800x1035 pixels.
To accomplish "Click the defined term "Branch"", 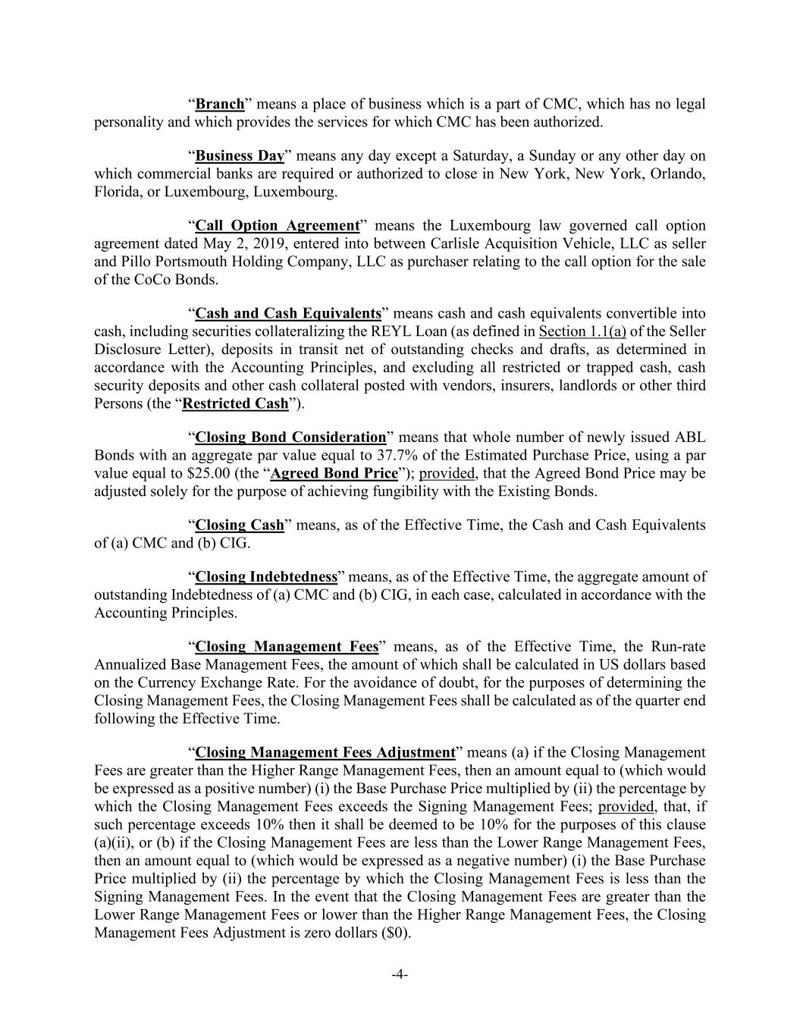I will point(220,104).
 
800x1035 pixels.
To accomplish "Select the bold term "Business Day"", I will point(240,156).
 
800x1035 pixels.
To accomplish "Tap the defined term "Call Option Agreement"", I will point(277,226).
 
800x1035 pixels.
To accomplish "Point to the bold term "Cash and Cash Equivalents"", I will point(288,314).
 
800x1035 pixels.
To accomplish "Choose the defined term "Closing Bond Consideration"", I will point(290,438).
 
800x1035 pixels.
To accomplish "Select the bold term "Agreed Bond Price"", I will point(334,473).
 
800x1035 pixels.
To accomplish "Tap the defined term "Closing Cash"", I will point(240,525).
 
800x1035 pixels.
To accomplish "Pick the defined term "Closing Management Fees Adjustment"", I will point(325,753).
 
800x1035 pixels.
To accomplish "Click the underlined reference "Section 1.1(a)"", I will point(582,332).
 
